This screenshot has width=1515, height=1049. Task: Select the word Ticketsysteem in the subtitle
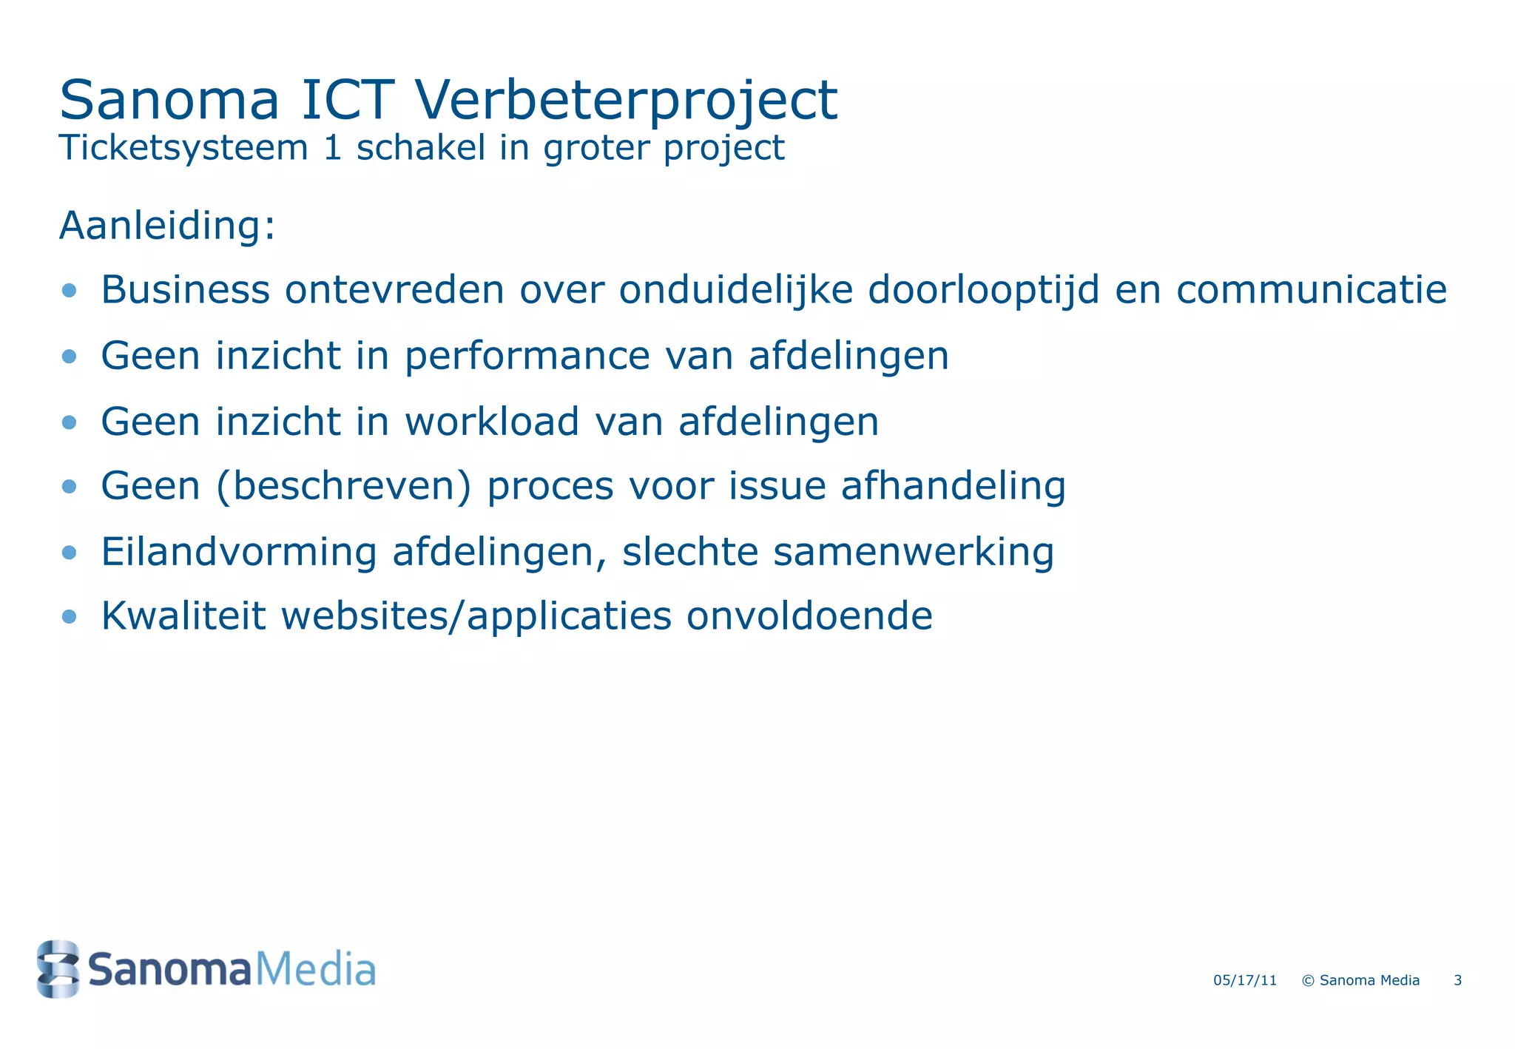(x=183, y=148)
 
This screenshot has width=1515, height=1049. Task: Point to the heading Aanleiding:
(x=167, y=226)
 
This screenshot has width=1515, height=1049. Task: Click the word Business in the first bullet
(x=185, y=289)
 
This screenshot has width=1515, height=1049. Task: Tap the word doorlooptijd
(x=983, y=289)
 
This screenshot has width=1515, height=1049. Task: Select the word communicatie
(x=1311, y=289)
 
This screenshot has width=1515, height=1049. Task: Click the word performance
(x=527, y=356)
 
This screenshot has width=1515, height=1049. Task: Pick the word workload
(x=491, y=422)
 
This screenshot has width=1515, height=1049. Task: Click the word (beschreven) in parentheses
(x=343, y=487)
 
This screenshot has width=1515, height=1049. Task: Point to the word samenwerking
(x=913, y=552)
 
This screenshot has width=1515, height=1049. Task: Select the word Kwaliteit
(x=183, y=616)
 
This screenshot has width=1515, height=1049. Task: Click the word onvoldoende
(x=809, y=616)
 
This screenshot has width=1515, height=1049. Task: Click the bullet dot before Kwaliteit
(x=70, y=616)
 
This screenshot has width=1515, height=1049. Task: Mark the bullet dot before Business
(x=70, y=290)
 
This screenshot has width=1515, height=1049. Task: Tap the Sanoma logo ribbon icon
(x=58, y=968)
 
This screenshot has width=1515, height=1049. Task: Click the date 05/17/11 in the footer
(x=1245, y=981)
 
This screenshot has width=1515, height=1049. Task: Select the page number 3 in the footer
(x=1457, y=981)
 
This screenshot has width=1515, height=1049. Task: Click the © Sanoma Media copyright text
(x=1360, y=981)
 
